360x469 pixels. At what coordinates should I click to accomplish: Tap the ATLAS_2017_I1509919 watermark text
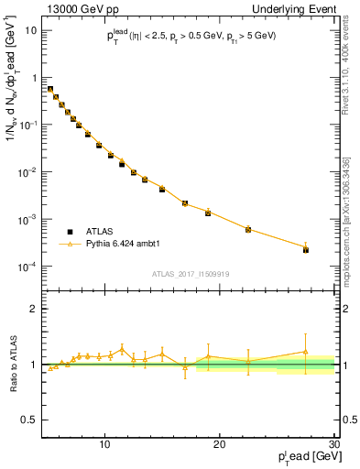[x=189, y=274]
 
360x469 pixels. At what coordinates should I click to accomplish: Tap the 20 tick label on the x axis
[x=220, y=444]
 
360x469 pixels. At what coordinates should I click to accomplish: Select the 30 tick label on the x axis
[x=333, y=444]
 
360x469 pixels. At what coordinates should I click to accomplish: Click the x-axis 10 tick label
[x=105, y=444]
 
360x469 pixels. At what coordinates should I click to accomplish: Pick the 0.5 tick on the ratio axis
[x=29, y=420]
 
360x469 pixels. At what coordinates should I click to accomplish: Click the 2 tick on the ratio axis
[x=34, y=309]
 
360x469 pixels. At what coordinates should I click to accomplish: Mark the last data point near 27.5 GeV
[x=306, y=249]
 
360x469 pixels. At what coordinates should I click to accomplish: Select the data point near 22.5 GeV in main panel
[x=248, y=229]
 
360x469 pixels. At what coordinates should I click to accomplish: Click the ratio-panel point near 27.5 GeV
[x=306, y=352]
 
